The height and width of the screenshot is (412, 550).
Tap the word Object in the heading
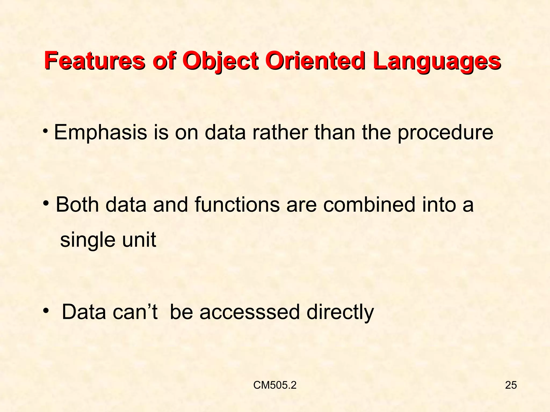[x=220, y=61]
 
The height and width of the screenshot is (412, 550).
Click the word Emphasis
[x=101, y=133]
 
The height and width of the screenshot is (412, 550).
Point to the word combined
[x=369, y=204]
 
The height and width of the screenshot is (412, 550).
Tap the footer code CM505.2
[x=275, y=385]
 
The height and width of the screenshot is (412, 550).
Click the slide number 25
[x=511, y=385]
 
